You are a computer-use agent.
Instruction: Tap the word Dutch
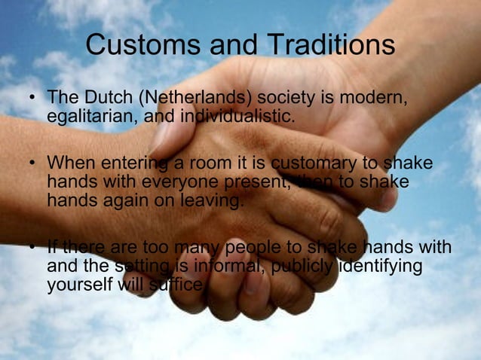pyautogui.click(x=103, y=100)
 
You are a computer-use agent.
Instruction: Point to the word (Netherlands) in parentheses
pyautogui.click(x=198, y=100)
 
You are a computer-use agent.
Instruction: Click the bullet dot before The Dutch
pyautogui.click(x=31, y=100)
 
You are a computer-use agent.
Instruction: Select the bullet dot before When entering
pyautogui.click(x=31, y=165)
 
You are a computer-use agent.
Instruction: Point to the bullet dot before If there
pyautogui.click(x=31, y=249)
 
